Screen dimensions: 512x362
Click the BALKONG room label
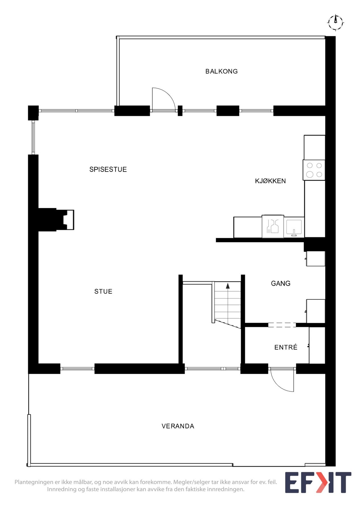221,71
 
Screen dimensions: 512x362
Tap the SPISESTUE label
108,170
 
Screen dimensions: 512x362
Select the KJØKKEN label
270,181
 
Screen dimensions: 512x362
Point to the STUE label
103,292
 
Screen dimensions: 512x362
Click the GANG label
280,284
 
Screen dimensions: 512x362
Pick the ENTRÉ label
286,347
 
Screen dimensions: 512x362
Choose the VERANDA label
178,426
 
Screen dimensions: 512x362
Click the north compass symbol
336,22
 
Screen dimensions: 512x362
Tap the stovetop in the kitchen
314,170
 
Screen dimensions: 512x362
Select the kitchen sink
294,227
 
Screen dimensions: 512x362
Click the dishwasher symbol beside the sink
272,226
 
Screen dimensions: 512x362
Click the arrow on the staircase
227,286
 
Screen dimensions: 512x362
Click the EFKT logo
318,482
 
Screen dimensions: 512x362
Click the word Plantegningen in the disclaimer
34,482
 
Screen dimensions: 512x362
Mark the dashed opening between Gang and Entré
282,325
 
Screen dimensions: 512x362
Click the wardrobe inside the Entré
317,345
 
